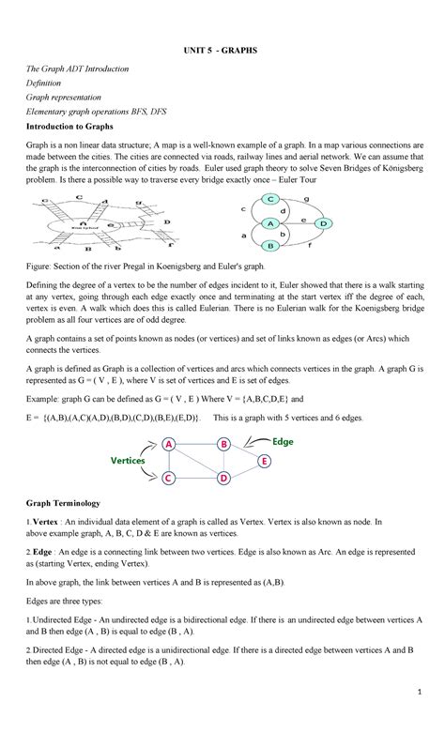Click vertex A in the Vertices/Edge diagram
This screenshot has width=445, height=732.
pos(169,444)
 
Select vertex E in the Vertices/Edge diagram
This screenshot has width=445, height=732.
pos(265,462)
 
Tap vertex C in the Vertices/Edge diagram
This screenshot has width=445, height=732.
pos(169,479)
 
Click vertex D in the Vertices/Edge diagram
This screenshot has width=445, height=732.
pos(223,479)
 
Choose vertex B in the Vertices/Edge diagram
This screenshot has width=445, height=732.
pos(223,444)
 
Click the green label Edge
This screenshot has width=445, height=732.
pos(284,441)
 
